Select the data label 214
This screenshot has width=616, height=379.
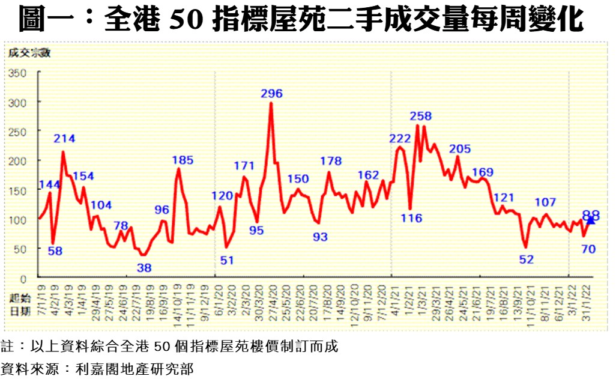point(64,139)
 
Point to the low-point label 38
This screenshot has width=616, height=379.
point(144,268)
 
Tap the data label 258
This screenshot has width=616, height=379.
point(421,116)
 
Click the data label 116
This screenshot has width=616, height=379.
point(412,218)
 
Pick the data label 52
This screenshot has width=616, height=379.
point(526,259)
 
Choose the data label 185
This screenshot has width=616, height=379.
point(183,160)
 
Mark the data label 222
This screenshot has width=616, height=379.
point(400,139)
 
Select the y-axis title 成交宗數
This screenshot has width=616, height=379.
point(29,52)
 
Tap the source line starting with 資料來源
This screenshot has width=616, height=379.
point(97,368)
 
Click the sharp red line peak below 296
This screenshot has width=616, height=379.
point(271,104)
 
